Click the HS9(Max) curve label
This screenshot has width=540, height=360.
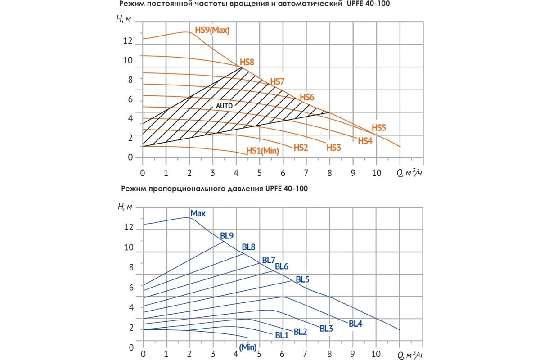212,31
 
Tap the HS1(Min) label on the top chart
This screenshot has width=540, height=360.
263,151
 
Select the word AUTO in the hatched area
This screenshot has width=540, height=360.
225,105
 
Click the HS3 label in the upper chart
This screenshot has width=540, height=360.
333,148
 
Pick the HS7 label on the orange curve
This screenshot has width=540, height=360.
277,81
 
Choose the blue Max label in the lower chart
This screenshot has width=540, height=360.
198,213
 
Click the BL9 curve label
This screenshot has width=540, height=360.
227,235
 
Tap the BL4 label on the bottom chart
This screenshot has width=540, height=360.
355,323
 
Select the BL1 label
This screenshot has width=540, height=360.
281,335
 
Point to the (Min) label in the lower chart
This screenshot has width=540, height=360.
247,347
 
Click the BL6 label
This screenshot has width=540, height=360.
281,266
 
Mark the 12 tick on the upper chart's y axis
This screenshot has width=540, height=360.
128,41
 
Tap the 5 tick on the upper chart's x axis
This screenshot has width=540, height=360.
260,173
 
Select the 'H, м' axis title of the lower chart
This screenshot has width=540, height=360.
125,207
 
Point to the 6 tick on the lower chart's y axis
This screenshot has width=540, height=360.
130,287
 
